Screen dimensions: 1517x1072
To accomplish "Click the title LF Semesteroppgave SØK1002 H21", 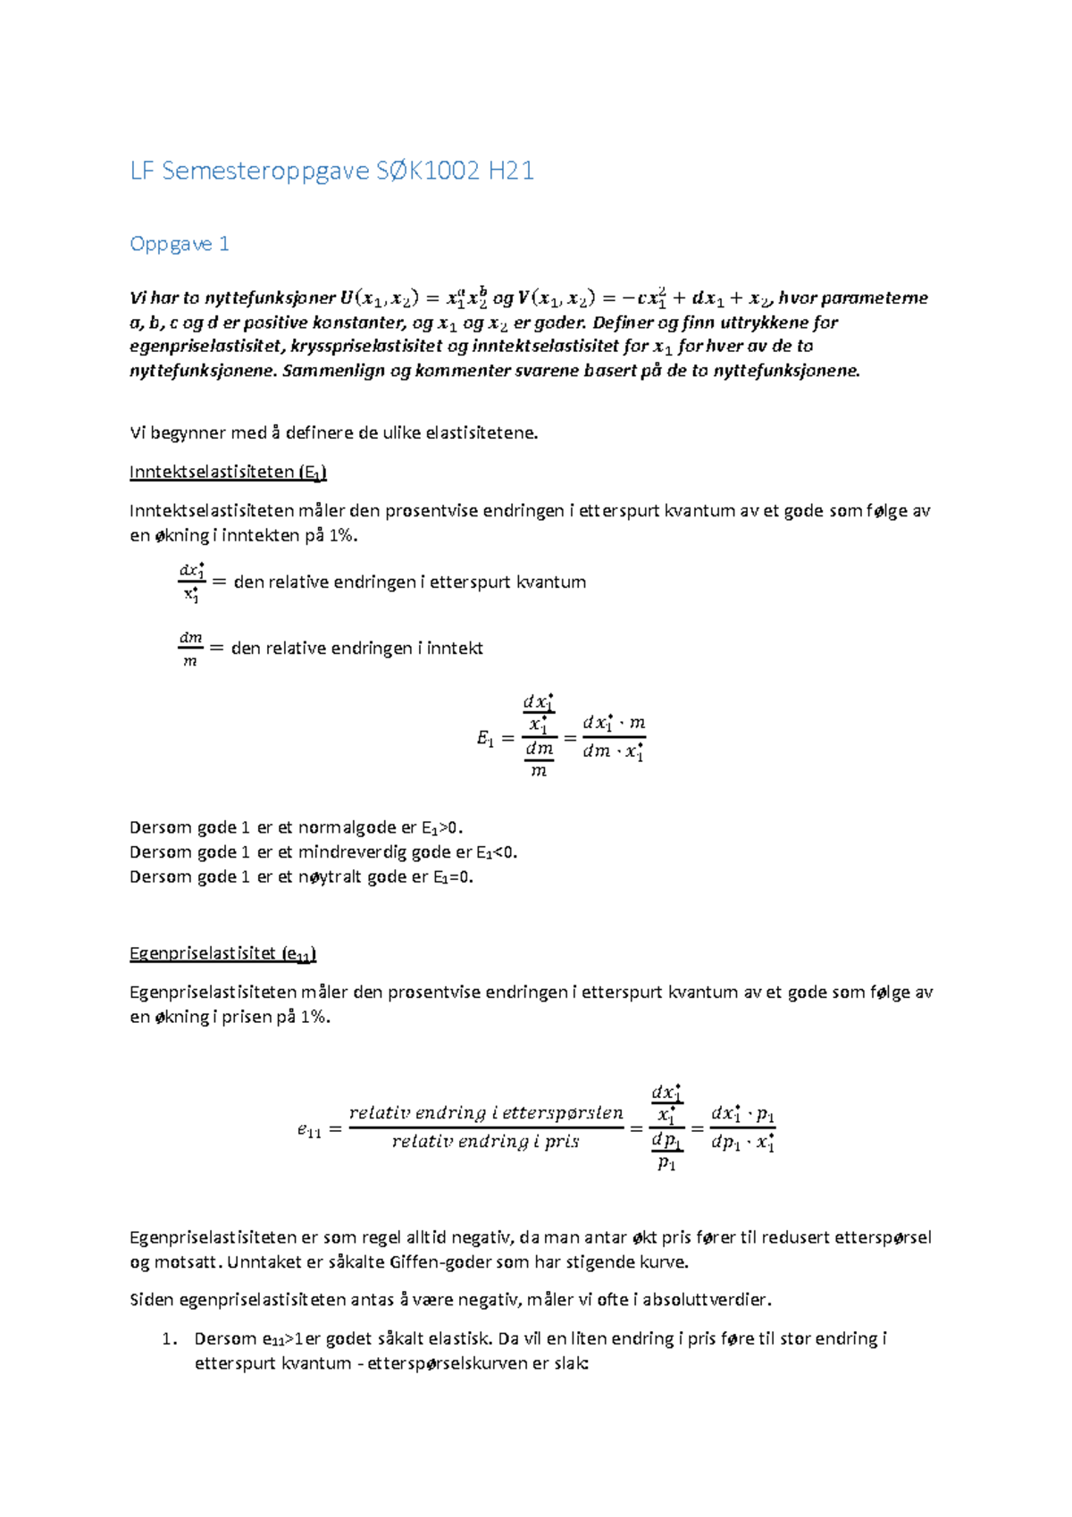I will click(x=331, y=171).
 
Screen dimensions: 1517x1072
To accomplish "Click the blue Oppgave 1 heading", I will click(x=180, y=244).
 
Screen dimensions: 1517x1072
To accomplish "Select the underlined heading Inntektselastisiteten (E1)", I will click(x=228, y=472).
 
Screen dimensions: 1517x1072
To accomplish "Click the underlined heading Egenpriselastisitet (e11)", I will click(x=222, y=953).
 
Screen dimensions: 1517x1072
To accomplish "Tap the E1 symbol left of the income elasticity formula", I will click(x=485, y=739).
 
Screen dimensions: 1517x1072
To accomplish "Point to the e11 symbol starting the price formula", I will click(x=309, y=1130).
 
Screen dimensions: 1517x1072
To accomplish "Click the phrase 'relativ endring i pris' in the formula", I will click(x=485, y=1142).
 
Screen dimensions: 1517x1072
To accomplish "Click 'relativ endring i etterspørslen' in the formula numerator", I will click(x=486, y=1113).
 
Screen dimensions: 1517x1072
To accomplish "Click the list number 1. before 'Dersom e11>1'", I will click(x=170, y=1338).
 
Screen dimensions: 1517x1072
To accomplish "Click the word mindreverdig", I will click(x=352, y=852).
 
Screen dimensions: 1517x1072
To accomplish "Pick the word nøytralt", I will click(x=331, y=877).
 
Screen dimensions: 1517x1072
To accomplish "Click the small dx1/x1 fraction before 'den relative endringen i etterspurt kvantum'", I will click(x=192, y=582).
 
